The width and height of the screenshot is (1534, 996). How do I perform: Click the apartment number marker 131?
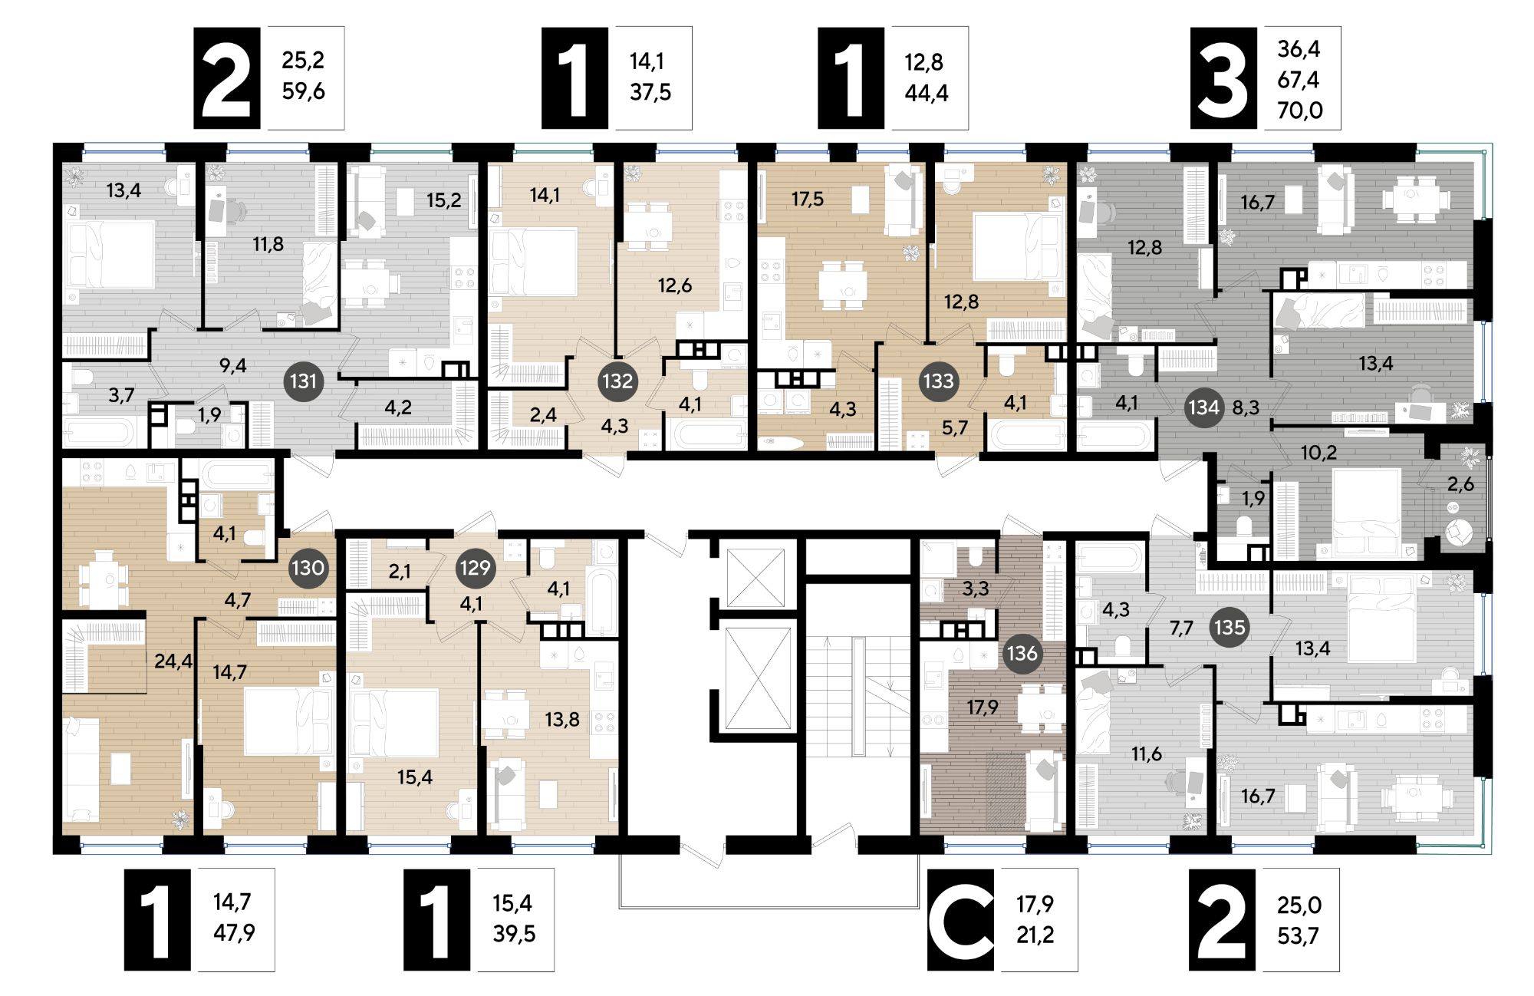click(x=304, y=381)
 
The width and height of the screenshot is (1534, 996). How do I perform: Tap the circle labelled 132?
click(x=617, y=381)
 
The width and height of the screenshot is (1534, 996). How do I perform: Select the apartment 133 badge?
click(x=938, y=381)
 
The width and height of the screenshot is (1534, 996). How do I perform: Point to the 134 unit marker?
click(x=1203, y=407)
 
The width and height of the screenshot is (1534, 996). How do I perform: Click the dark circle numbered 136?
click(x=1022, y=653)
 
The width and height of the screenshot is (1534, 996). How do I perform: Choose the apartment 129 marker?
click(x=475, y=568)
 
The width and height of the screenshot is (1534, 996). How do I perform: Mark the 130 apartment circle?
click(x=308, y=568)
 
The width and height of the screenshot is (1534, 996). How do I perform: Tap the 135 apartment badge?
click(x=1230, y=627)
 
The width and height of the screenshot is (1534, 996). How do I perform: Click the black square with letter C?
click(x=960, y=919)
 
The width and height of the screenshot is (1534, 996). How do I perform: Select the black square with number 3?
click(x=1223, y=78)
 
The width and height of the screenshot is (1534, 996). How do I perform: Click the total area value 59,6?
click(x=303, y=91)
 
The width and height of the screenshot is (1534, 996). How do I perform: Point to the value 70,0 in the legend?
click(x=1300, y=110)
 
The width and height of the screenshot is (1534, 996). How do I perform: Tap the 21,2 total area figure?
click(x=1035, y=934)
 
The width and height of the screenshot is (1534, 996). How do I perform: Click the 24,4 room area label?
click(x=173, y=660)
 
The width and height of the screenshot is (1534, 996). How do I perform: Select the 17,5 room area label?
click(x=807, y=200)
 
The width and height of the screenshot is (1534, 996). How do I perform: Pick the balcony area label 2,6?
click(x=1460, y=484)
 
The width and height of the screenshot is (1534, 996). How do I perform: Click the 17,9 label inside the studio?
click(x=983, y=707)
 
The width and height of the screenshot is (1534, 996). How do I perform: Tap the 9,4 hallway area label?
click(x=232, y=365)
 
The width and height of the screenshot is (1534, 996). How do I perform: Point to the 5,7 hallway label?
click(x=955, y=428)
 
